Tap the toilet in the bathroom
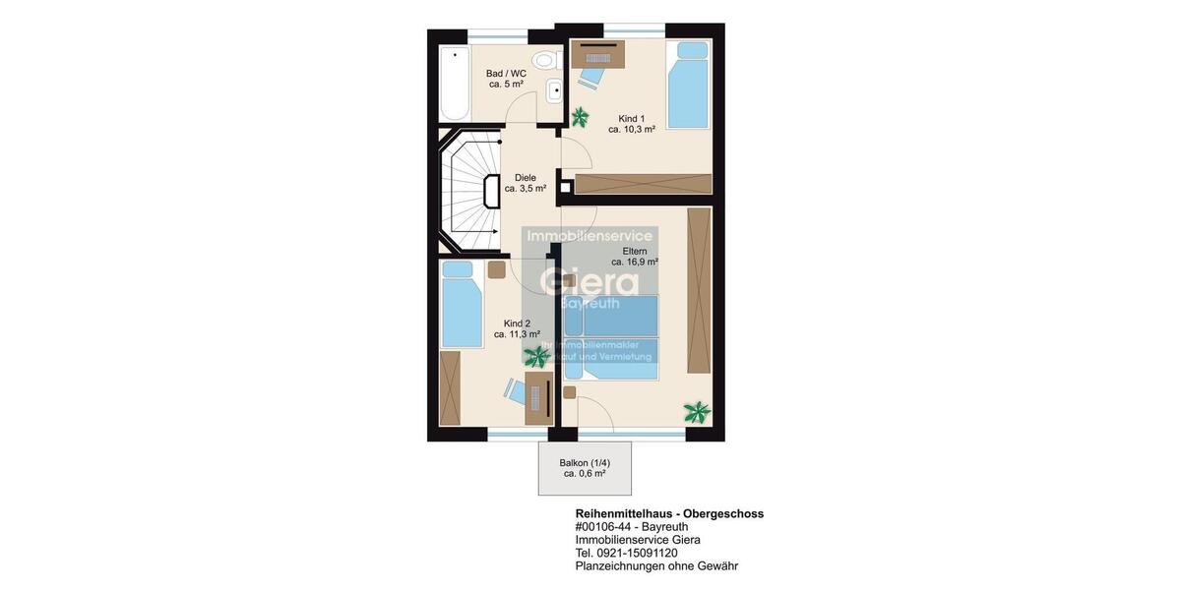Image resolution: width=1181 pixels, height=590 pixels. (x=543, y=60)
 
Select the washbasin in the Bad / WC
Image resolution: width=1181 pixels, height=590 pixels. (x=552, y=91)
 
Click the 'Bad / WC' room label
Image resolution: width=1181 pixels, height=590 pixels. (x=506, y=74)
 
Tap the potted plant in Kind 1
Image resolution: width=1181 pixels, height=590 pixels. (x=580, y=117)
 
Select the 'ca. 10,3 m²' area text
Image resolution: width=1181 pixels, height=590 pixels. (x=632, y=129)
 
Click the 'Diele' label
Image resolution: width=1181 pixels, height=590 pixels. (x=526, y=178)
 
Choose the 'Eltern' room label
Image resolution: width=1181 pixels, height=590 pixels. (x=635, y=252)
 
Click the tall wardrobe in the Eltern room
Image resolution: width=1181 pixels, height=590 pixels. (x=699, y=290)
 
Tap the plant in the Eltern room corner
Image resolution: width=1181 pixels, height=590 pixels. (x=697, y=412)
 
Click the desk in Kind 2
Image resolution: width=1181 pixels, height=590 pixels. (x=538, y=397)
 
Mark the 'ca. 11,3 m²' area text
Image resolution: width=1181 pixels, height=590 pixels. (x=517, y=334)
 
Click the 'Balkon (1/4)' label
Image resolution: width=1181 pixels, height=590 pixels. (x=585, y=463)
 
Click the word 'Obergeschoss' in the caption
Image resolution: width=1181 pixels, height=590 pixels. (x=723, y=513)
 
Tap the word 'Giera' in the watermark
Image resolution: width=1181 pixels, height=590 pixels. (x=590, y=279)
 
